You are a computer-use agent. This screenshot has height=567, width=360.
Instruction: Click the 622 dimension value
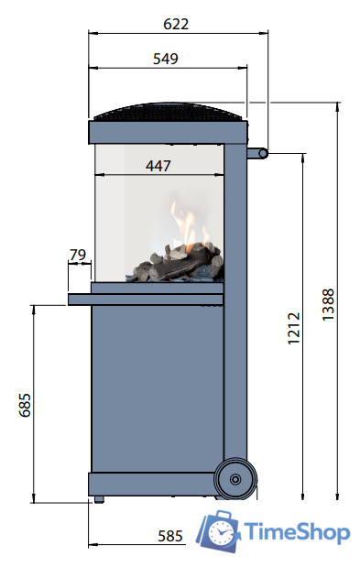176,24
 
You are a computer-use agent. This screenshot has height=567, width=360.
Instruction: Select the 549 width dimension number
166,59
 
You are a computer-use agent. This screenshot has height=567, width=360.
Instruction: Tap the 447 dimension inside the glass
158,166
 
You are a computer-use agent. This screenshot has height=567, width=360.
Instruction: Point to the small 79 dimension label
78,255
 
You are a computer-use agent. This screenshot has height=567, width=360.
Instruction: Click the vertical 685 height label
25,405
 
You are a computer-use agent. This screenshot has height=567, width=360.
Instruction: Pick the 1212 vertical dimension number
293,328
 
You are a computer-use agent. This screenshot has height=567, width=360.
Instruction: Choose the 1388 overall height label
328,304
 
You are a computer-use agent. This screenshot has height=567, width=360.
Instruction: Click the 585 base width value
170,536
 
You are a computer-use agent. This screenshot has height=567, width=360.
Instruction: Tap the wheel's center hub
235,479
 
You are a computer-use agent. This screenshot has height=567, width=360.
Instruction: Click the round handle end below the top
263,154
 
